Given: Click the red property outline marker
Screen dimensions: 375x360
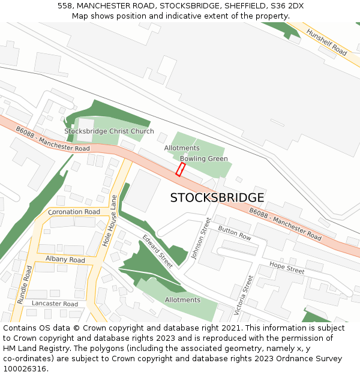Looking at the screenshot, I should [x=180, y=169].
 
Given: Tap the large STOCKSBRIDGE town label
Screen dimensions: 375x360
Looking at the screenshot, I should [x=217, y=198].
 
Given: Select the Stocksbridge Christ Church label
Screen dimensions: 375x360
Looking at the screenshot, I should [x=109, y=131].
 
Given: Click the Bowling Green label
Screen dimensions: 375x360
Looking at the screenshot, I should [x=204, y=159].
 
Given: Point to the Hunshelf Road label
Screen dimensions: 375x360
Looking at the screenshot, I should [x=326, y=42].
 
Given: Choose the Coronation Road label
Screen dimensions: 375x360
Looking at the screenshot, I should [x=74, y=212].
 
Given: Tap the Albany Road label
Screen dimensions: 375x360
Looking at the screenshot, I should [x=65, y=260].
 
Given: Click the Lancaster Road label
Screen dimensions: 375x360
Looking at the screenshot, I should [x=55, y=304].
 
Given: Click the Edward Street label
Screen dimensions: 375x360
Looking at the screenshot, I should [x=158, y=251].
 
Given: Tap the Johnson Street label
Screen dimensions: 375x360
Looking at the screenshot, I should [x=199, y=239].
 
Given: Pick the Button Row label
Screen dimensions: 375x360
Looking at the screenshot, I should [x=235, y=233].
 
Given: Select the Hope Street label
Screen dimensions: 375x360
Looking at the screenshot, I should [x=287, y=268].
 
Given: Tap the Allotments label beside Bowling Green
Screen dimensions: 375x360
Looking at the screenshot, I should [x=182, y=148].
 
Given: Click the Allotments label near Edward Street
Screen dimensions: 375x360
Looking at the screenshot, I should [x=182, y=300].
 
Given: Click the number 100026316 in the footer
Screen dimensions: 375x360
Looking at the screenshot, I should [x=25, y=368].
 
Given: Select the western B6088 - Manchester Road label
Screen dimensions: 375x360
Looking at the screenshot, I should [x=53, y=139].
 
